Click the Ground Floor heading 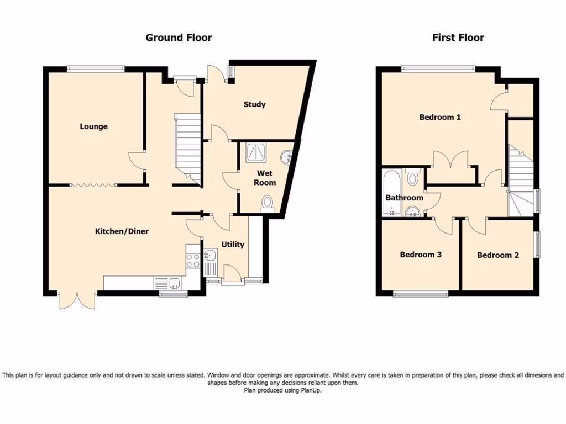[x=179, y=38]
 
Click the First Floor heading [x=458, y=38]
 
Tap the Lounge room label [x=93, y=126]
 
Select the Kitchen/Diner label [x=122, y=231]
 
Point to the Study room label [x=254, y=104]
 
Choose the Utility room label [x=233, y=245]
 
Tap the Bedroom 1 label [x=440, y=117]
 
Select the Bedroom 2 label [x=498, y=255]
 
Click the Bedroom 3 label [x=421, y=255]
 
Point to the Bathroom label [x=404, y=198]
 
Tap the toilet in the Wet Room [x=268, y=202]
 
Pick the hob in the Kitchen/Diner [x=193, y=260]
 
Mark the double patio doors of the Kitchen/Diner [x=77, y=300]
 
